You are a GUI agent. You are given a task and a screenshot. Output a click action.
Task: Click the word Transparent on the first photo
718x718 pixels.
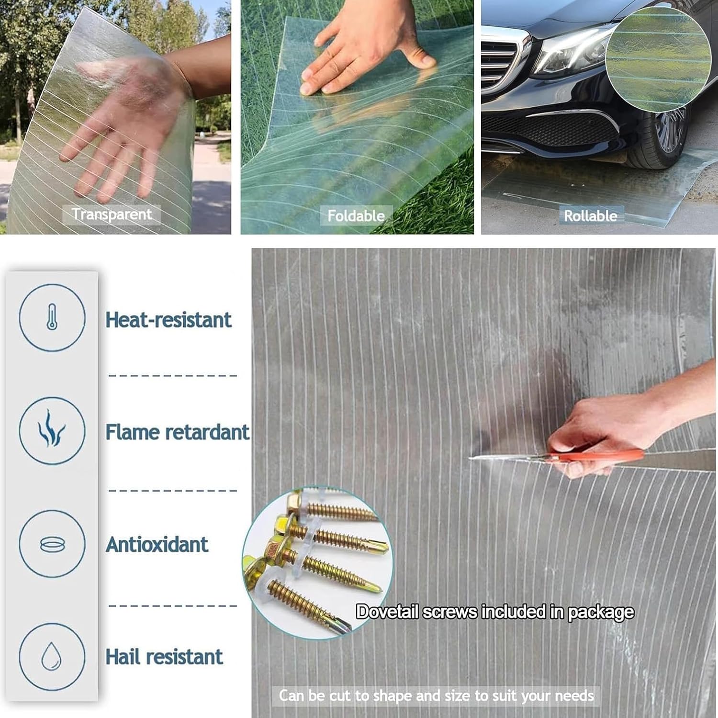[x=112, y=214]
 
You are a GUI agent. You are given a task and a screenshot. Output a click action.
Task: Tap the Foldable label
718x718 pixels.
[x=356, y=216]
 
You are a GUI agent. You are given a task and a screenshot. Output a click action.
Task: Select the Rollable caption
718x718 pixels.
[x=590, y=216]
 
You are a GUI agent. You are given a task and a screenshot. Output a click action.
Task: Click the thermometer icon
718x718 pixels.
[x=52, y=317]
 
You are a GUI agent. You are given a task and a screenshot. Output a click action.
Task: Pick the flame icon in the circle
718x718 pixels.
[x=52, y=429]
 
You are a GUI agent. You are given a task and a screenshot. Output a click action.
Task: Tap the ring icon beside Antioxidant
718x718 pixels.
[x=52, y=544]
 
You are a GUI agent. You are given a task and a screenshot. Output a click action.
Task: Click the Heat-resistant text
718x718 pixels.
[x=168, y=320]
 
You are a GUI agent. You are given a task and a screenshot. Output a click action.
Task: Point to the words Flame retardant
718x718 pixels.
[x=177, y=432]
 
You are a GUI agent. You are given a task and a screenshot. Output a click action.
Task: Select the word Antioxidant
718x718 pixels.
[x=157, y=545]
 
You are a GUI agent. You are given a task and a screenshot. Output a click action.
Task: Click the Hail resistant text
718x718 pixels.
[x=164, y=657]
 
